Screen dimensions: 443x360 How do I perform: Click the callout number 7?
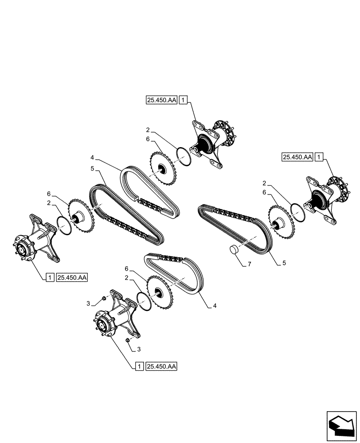point(249,264)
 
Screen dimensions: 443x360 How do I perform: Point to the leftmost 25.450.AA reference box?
point(73,278)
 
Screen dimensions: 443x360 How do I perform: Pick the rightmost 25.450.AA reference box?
point(297,157)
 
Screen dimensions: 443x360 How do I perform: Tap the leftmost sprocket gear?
point(80,217)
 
